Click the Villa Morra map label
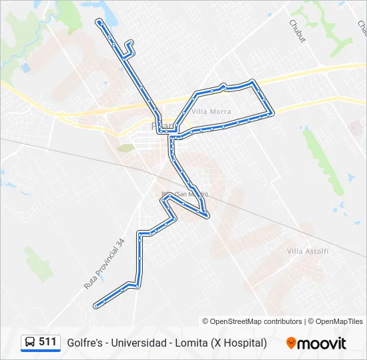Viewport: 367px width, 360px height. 211,112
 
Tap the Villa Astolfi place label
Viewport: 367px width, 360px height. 308,251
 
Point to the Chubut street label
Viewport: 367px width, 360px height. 297,31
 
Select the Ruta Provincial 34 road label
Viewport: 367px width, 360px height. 104,263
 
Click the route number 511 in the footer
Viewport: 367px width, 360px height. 47,342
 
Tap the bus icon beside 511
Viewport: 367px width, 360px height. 30,343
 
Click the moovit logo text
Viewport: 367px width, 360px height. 322,343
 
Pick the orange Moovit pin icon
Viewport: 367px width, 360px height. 291,343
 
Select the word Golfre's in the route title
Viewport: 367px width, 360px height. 84,343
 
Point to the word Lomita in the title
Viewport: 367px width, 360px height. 189,343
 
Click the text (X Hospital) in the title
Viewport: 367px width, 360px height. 239,343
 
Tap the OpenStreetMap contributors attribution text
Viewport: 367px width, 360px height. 252,321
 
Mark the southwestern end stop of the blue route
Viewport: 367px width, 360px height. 97,306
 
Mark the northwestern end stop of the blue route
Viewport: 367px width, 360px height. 99,22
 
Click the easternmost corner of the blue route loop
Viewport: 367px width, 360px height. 273,113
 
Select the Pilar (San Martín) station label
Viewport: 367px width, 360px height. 185,194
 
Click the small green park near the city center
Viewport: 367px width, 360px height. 125,147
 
